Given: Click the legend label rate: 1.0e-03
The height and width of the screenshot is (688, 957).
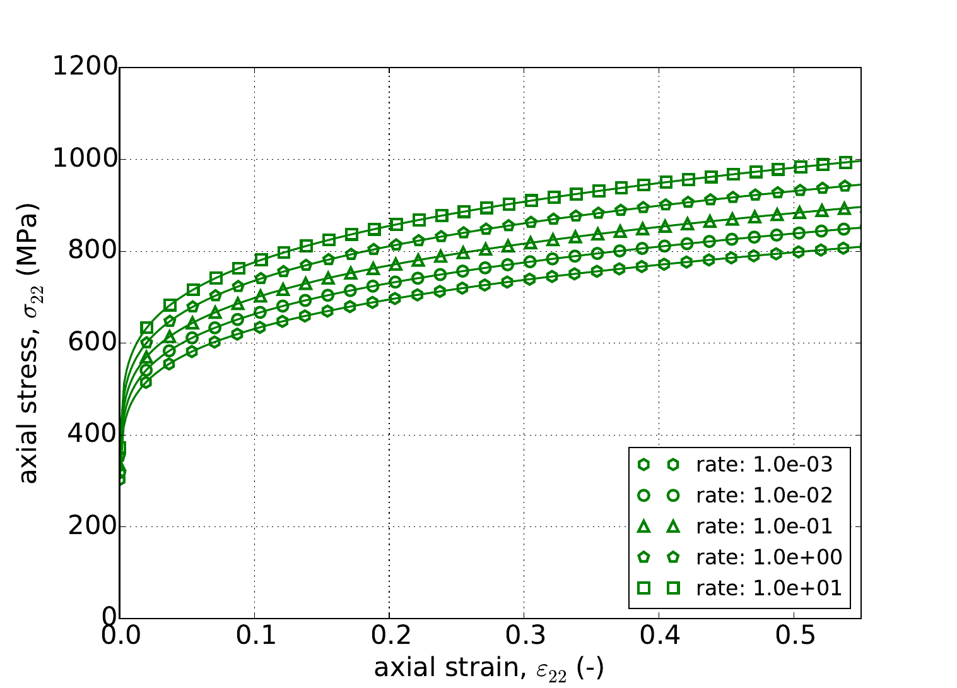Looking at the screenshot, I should tap(764, 465).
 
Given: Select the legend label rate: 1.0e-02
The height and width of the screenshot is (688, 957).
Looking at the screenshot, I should tap(764, 495).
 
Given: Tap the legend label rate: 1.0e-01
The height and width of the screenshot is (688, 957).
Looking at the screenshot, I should tap(764, 526).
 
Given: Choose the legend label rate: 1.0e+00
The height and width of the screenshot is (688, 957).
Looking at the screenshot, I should tap(769, 557).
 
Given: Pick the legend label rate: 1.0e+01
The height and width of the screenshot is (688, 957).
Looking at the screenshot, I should tap(769, 588).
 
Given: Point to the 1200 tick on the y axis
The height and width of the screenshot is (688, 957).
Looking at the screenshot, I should tap(85, 68).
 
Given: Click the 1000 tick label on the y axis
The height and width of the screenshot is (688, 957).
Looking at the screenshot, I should tap(85, 160).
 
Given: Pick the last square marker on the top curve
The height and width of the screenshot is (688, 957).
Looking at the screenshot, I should tap(846, 162).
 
